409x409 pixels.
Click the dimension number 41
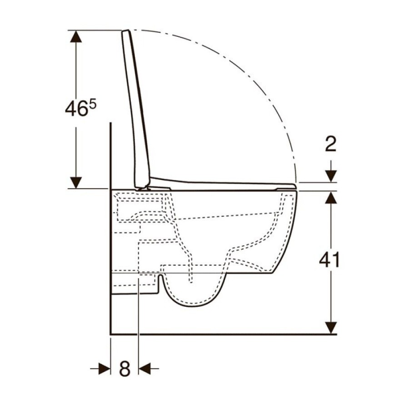pyautogui.click(x=329, y=259)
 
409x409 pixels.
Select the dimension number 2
pyautogui.click(x=330, y=144)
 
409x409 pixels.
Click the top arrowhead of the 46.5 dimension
pyautogui.click(x=76, y=36)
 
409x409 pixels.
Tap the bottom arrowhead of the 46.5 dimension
pyautogui.click(x=76, y=182)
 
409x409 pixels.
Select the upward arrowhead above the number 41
pyautogui.click(x=331, y=197)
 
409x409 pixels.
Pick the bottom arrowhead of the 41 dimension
pyautogui.click(x=331, y=328)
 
